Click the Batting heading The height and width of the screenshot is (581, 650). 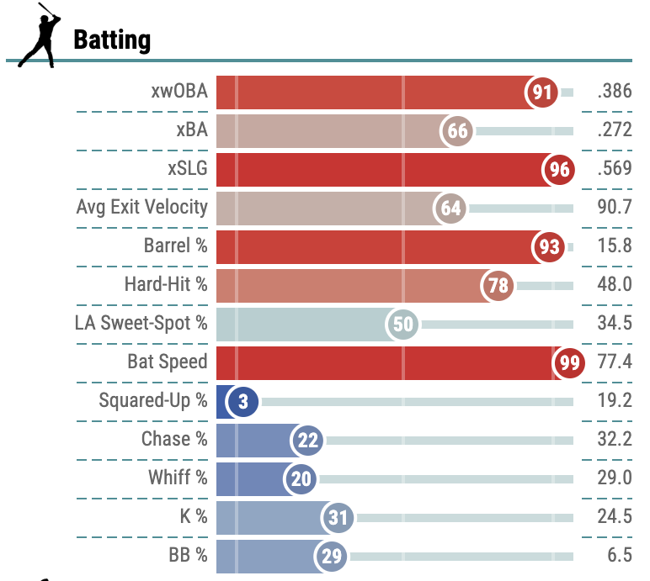pos(112,40)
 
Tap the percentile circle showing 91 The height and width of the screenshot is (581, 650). pos(542,92)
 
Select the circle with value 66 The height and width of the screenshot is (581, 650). pos(457,131)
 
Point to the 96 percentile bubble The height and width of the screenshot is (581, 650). pos(559,170)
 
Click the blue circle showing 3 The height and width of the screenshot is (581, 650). pos(242,402)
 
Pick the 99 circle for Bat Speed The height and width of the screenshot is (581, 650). pos(567,362)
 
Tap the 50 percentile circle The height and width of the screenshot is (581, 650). pos(403,325)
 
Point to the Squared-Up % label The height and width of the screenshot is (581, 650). pos(152,400)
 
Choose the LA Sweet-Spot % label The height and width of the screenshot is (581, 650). pos(141,323)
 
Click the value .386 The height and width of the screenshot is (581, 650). pos(614,92)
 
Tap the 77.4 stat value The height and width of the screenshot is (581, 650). pos(614,362)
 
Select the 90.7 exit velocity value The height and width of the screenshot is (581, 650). pos(614,208)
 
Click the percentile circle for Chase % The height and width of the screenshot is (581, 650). pos(307,440)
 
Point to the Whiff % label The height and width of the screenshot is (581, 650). pos(178,478)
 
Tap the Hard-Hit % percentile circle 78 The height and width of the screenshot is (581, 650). pos(497,286)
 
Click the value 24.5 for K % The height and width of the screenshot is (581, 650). pos(614,517)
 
